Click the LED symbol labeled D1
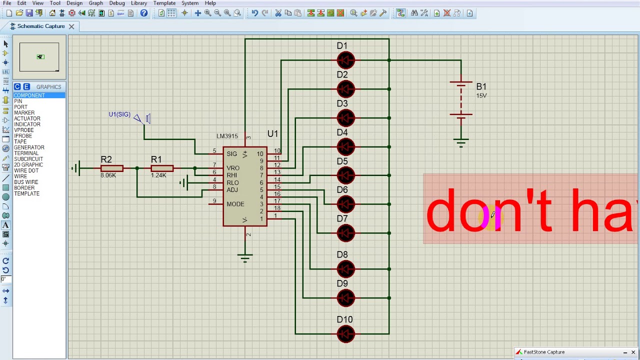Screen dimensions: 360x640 pyautogui.click(x=345, y=60)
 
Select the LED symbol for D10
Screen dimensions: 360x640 pyautogui.click(x=345, y=333)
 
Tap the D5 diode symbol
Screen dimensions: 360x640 pyautogui.click(x=345, y=175)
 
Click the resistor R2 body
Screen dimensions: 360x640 pyautogui.click(x=111, y=168)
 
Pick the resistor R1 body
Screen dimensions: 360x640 pyautogui.click(x=162, y=168)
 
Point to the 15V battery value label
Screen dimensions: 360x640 pyautogui.click(x=481, y=95)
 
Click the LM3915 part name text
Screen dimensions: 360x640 pyautogui.click(x=227, y=136)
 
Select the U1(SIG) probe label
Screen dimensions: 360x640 pyautogui.click(x=119, y=114)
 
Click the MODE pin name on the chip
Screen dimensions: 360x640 pyautogui.click(x=235, y=204)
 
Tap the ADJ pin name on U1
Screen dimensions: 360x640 pyautogui.click(x=232, y=190)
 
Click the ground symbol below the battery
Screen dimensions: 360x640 pyautogui.click(x=461, y=143)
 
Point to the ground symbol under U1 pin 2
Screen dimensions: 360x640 pyautogui.click(x=245, y=258)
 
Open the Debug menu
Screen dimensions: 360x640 pyautogui.click(x=117, y=3)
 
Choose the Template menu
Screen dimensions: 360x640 pyautogui.click(x=164, y=3)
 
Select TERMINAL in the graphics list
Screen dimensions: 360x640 pyautogui.click(x=26, y=153)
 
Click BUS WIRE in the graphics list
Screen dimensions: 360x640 pyautogui.click(x=26, y=182)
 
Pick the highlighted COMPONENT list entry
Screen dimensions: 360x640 pyautogui.click(x=29, y=95)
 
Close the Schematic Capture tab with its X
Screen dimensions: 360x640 pyautogui.click(x=71, y=26)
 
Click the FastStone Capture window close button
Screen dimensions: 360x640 pyautogui.click(x=633, y=352)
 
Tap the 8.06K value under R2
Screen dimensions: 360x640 pyautogui.click(x=108, y=175)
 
